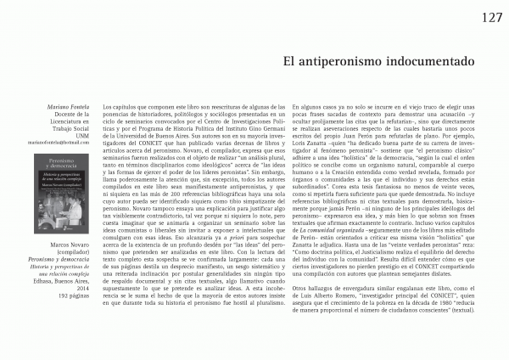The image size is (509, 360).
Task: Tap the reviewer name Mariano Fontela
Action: tap(68, 110)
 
